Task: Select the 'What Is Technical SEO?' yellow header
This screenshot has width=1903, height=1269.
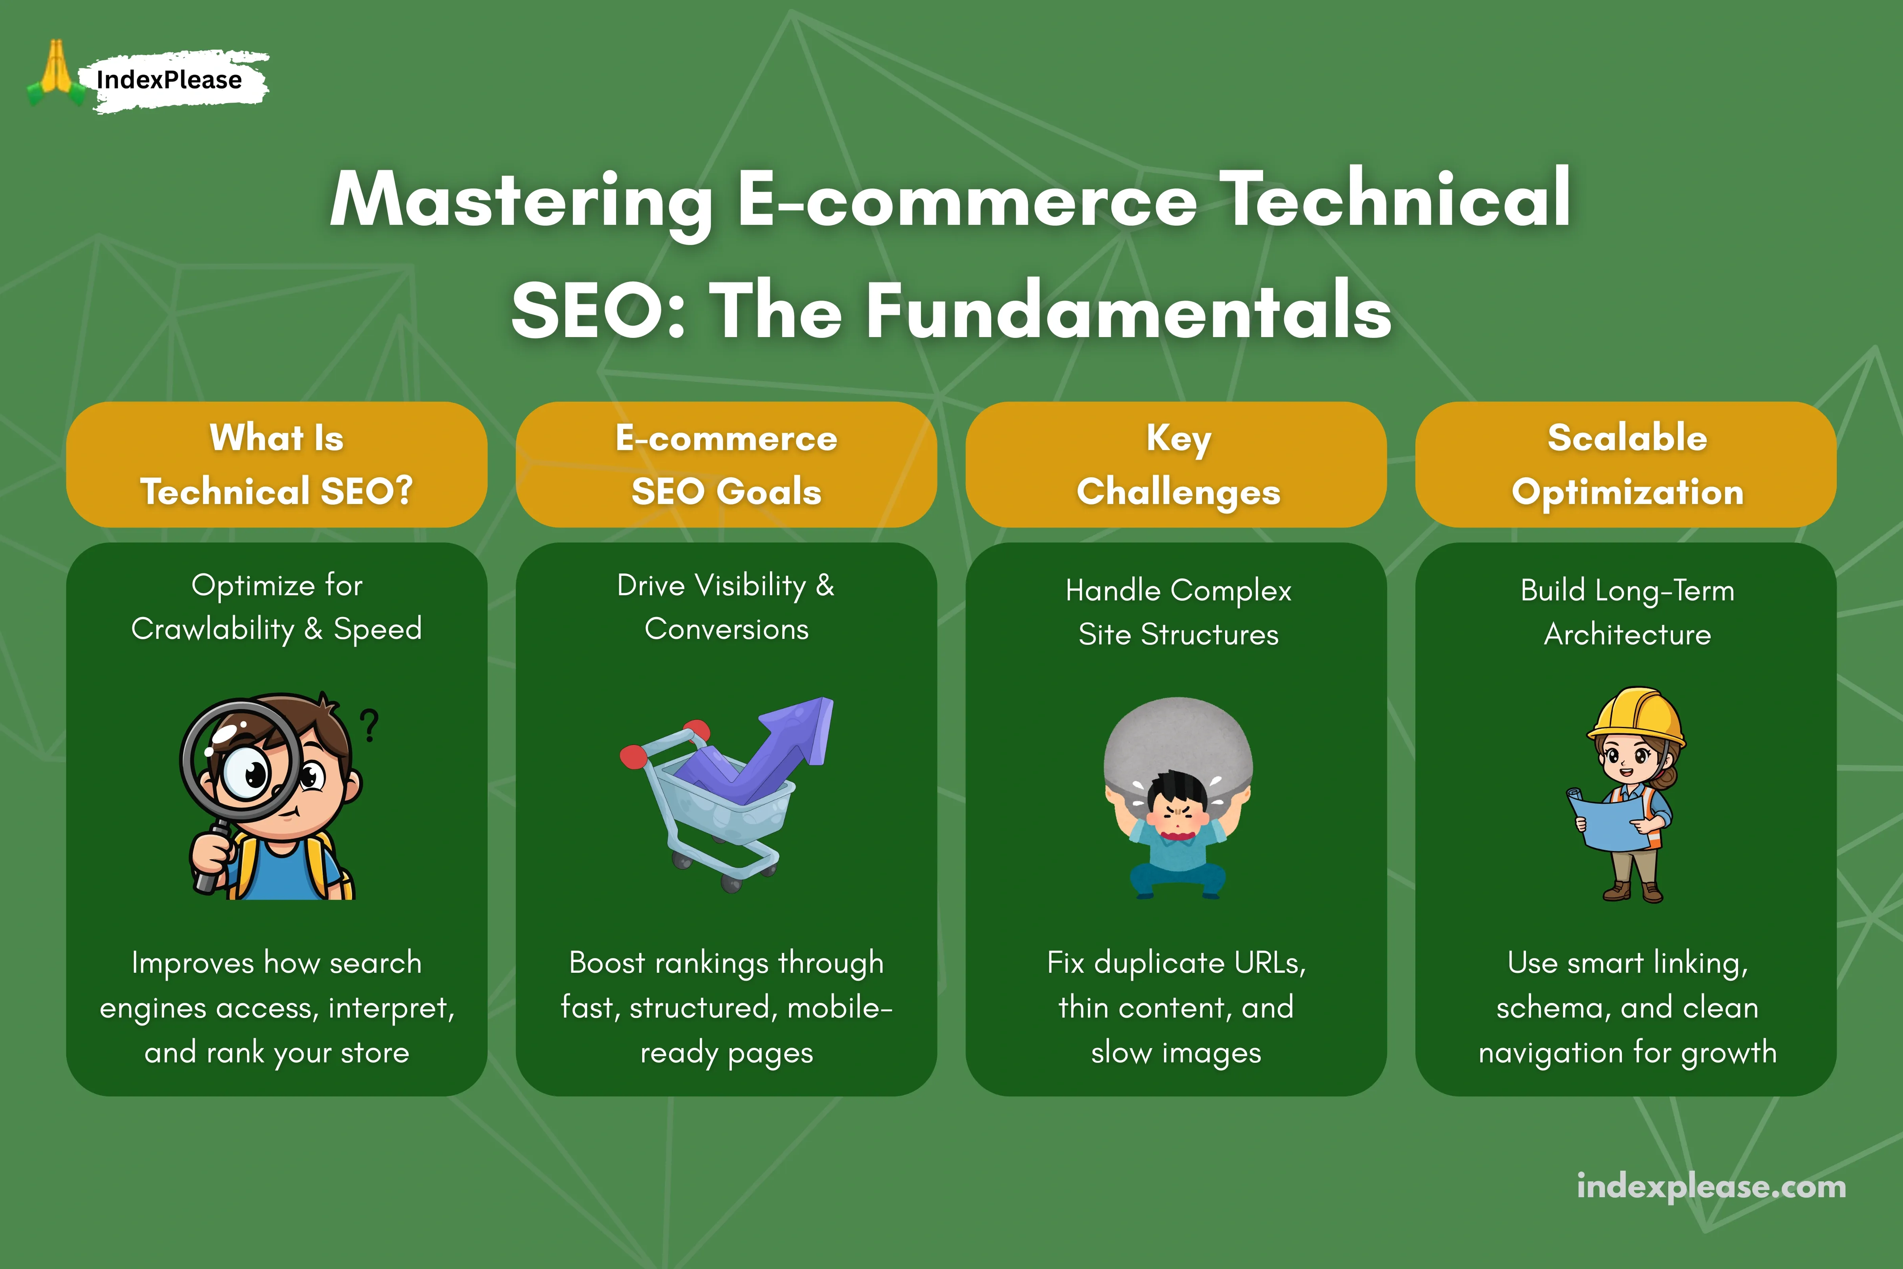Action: coord(277,464)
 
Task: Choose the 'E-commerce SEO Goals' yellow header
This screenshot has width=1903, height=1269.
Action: coord(726,464)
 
